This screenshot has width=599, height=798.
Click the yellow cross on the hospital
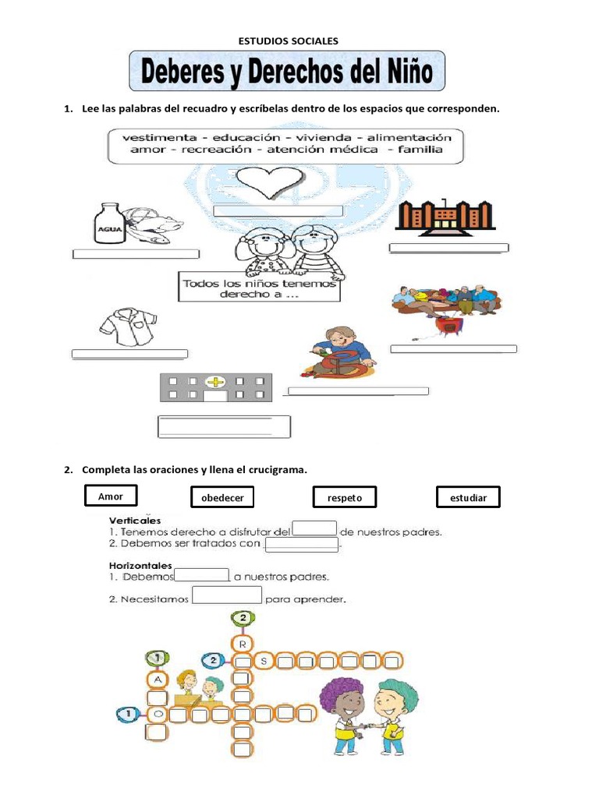pos(215,382)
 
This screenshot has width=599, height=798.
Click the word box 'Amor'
pos(111,496)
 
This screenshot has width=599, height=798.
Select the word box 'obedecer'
pos(222,497)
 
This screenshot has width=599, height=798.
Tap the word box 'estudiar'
pos(467,497)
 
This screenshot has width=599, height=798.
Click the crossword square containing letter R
pos(243,644)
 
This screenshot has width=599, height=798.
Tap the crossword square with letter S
pos(264,662)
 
